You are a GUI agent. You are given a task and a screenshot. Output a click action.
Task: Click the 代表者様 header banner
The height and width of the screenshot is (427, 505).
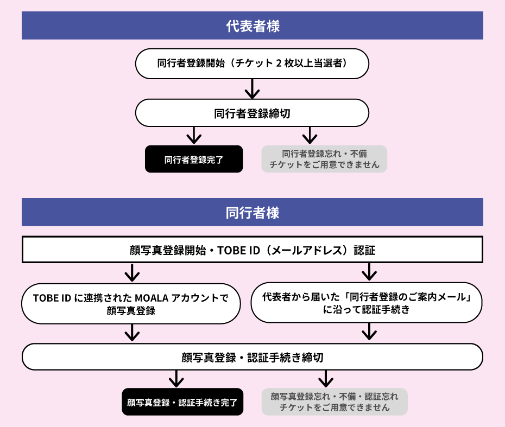pyautogui.click(x=252, y=26)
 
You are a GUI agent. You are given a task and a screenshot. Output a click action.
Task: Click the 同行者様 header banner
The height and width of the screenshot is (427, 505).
pyautogui.click(x=252, y=212)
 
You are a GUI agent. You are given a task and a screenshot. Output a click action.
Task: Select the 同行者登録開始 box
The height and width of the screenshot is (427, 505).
pyautogui.click(x=252, y=63)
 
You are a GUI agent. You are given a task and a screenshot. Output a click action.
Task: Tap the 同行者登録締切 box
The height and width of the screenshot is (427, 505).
pyautogui.click(x=252, y=113)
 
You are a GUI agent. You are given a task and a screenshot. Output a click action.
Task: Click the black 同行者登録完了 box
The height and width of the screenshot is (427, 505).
pyautogui.click(x=194, y=160)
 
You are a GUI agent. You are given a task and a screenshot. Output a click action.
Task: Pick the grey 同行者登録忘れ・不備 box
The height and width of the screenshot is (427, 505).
pyautogui.click(x=324, y=159)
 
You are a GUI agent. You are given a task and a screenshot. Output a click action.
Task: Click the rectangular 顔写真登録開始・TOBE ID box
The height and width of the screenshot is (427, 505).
pyautogui.click(x=252, y=251)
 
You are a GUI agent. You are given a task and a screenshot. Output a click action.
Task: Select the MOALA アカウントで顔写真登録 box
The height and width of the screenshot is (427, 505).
pyautogui.click(x=131, y=304)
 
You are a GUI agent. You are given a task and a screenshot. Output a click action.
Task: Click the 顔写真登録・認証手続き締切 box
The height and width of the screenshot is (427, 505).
pyautogui.click(x=252, y=357)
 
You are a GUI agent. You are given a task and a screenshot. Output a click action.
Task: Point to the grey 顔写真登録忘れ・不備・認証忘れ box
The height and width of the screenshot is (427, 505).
pyautogui.click(x=334, y=402)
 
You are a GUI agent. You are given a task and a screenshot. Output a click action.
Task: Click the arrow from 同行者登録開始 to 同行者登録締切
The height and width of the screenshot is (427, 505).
pyautogui.click(x=252, y=88)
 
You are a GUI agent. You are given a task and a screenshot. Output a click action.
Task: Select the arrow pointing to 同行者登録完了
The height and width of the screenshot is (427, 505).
pyautogui.click(x=194, y=136)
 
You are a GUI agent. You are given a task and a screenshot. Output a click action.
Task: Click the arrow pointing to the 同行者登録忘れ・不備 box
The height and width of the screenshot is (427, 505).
pyautogui.click(x=310, y=136)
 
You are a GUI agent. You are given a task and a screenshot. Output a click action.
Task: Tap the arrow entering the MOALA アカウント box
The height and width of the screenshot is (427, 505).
pyautogui.click(x=131, y=272)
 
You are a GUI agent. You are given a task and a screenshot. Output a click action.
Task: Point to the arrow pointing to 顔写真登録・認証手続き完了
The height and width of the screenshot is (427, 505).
pyautogui.click(x=175, y=378)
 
